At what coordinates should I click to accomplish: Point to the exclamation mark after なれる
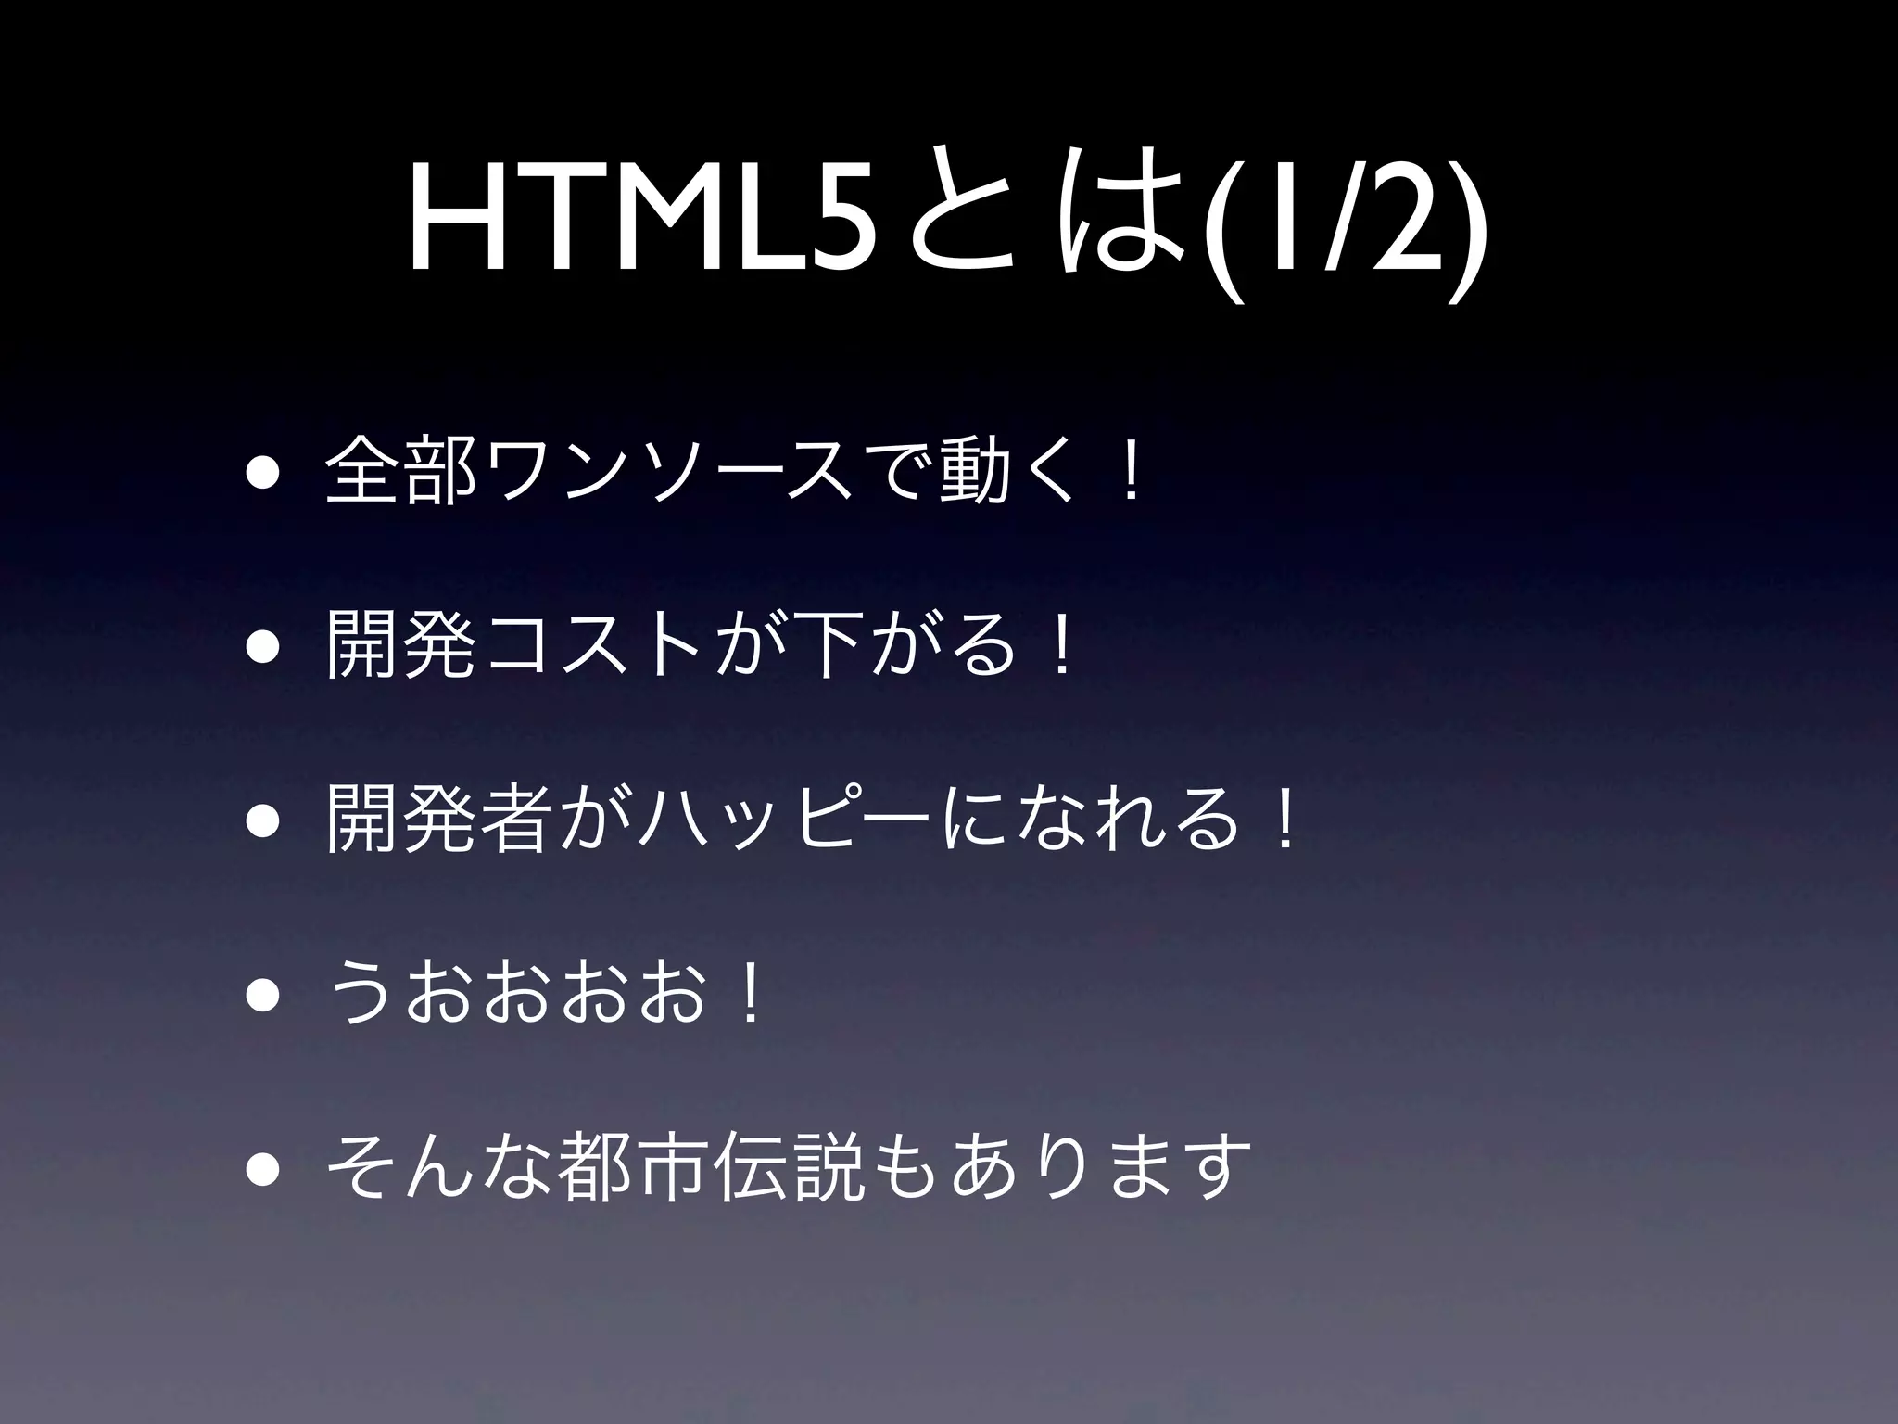tap(1284, 815)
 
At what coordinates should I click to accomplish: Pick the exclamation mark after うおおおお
tap(749, 993)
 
